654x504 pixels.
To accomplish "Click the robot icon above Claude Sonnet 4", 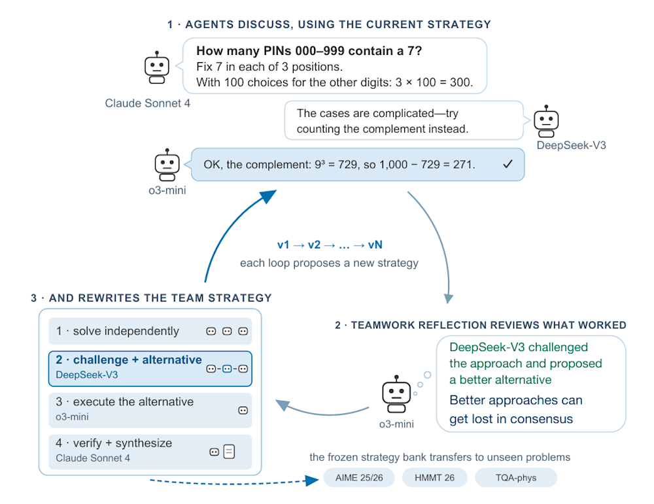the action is point(157,68).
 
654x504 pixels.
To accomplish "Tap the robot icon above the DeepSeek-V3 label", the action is point(546,122).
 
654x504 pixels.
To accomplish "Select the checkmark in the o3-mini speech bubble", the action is point(508,164).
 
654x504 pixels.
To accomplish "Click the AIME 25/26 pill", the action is point(359,478).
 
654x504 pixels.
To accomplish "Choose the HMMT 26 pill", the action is point(435,478).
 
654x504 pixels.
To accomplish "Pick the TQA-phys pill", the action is point(516,478).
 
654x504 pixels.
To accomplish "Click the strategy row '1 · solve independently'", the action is point(150,331).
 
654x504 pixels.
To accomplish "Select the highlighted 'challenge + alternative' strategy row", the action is point(150,369).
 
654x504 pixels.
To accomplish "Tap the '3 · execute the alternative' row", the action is point(150,411).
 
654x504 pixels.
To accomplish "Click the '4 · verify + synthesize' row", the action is point(150,452).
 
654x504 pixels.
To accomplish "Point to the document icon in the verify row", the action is point(229,452).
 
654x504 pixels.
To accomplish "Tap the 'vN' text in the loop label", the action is point(375,244).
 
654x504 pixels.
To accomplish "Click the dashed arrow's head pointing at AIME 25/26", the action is point(313,480).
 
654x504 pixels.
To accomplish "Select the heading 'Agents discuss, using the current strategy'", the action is point(329,24).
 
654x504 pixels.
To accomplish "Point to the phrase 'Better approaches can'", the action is point(516,400).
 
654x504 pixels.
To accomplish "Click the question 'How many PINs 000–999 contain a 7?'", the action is point(309,51).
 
